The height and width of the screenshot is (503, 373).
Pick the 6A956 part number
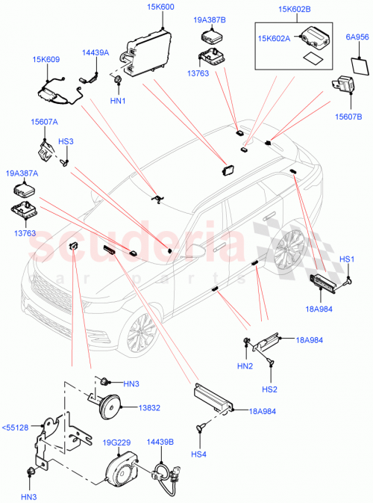coord(356,37)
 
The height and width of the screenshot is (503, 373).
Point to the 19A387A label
coord(22,173)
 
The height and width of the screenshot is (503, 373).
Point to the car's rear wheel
coord(292,256)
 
